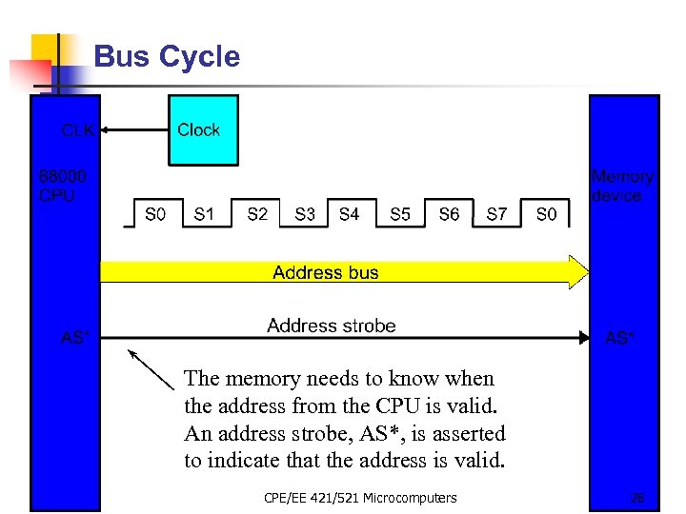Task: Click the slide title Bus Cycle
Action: (x=167, y=57)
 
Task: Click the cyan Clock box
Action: (x=203, y=130)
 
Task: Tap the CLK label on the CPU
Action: (x=77, y=130)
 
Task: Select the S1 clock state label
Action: (x=204, y=215)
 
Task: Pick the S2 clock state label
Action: (x=257, y=215)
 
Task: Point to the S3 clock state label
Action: (x=305, y=215)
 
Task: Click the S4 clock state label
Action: (x=350, y=215)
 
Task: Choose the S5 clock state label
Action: (x=400, y=215)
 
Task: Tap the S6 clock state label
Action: (x=449, y=215)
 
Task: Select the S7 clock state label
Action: (x=496, y=215)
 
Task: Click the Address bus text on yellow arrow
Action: (x=325, y=273)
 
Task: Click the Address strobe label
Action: (x=331, y=326)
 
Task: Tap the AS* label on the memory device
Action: (x=620, y=338)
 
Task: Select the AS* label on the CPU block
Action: (x=75, y=338)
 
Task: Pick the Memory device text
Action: (x=622, y=187)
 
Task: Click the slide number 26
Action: (x=637, y=497)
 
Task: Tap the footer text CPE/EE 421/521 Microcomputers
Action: (x=360, y=497)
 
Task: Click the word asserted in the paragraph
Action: (x=468, y=434)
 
